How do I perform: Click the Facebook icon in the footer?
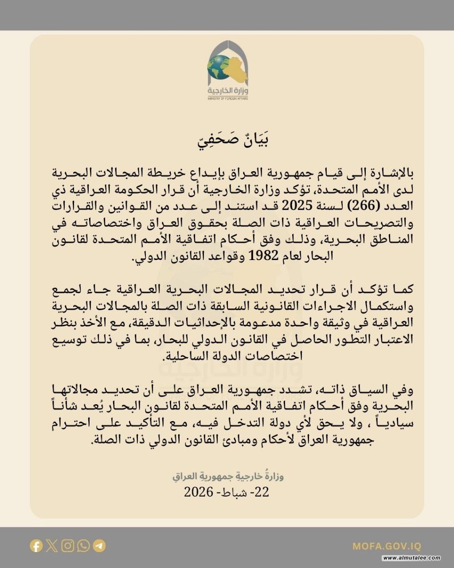coord(36,545)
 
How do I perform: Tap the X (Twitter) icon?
coord(52,545)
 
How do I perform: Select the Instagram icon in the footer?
coord(68,545)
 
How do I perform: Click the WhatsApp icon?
coord(83,545)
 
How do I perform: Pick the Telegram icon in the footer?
coord(99,545)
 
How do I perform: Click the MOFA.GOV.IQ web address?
coord(387,546)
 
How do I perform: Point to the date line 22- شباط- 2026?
coord(227,492)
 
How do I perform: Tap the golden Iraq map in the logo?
coord(238,71)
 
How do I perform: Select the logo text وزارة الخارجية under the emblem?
coord(227,91)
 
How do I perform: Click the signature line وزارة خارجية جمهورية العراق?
coord(228,477)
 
